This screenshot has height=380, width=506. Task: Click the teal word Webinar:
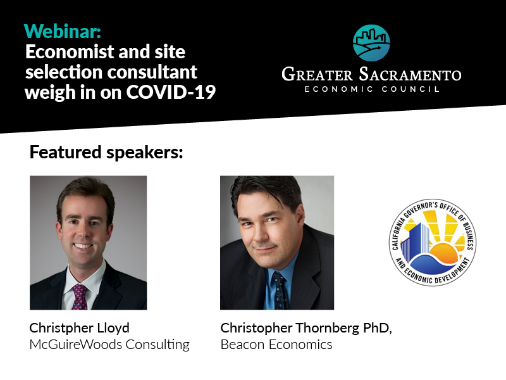point(63,31)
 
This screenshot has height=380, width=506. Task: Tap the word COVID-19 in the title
point(171,92)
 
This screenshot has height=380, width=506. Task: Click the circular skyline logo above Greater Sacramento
point(371,43)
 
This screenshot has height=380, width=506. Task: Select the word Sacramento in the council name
point(410,74)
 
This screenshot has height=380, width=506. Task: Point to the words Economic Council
point(372,89)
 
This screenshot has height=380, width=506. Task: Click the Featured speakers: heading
point(106,152)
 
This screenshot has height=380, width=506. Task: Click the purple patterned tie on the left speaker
point(80,296)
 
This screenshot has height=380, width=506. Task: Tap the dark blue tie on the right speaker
point(280,291)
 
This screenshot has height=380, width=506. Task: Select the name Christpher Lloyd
point(80,329)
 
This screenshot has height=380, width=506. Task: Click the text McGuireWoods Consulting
point(109,345)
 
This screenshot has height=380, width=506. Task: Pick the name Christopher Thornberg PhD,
point(306,329)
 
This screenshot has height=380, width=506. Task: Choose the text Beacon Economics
point(276,345)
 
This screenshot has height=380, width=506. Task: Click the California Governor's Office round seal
point(433,243)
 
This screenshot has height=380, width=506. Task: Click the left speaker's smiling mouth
point(83,246)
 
